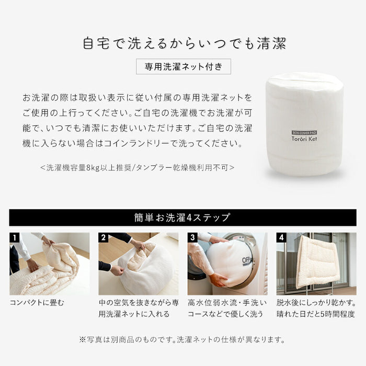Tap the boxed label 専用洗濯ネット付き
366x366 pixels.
pos(184,67)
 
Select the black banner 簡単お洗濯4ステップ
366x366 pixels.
pos(182,218)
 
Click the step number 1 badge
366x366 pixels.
pos(15,238)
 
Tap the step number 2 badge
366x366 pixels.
pos(104,238)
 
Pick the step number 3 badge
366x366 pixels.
pos(193,238)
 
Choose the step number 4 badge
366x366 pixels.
pos(282,238)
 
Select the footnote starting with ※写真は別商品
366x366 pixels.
pos(182,339)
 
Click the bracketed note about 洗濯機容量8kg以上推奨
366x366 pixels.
pos(137,168)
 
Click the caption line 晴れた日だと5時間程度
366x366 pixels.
pos(316,314)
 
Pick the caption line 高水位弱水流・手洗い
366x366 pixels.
pos(227,303)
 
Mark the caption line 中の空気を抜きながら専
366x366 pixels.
pos(138,303)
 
